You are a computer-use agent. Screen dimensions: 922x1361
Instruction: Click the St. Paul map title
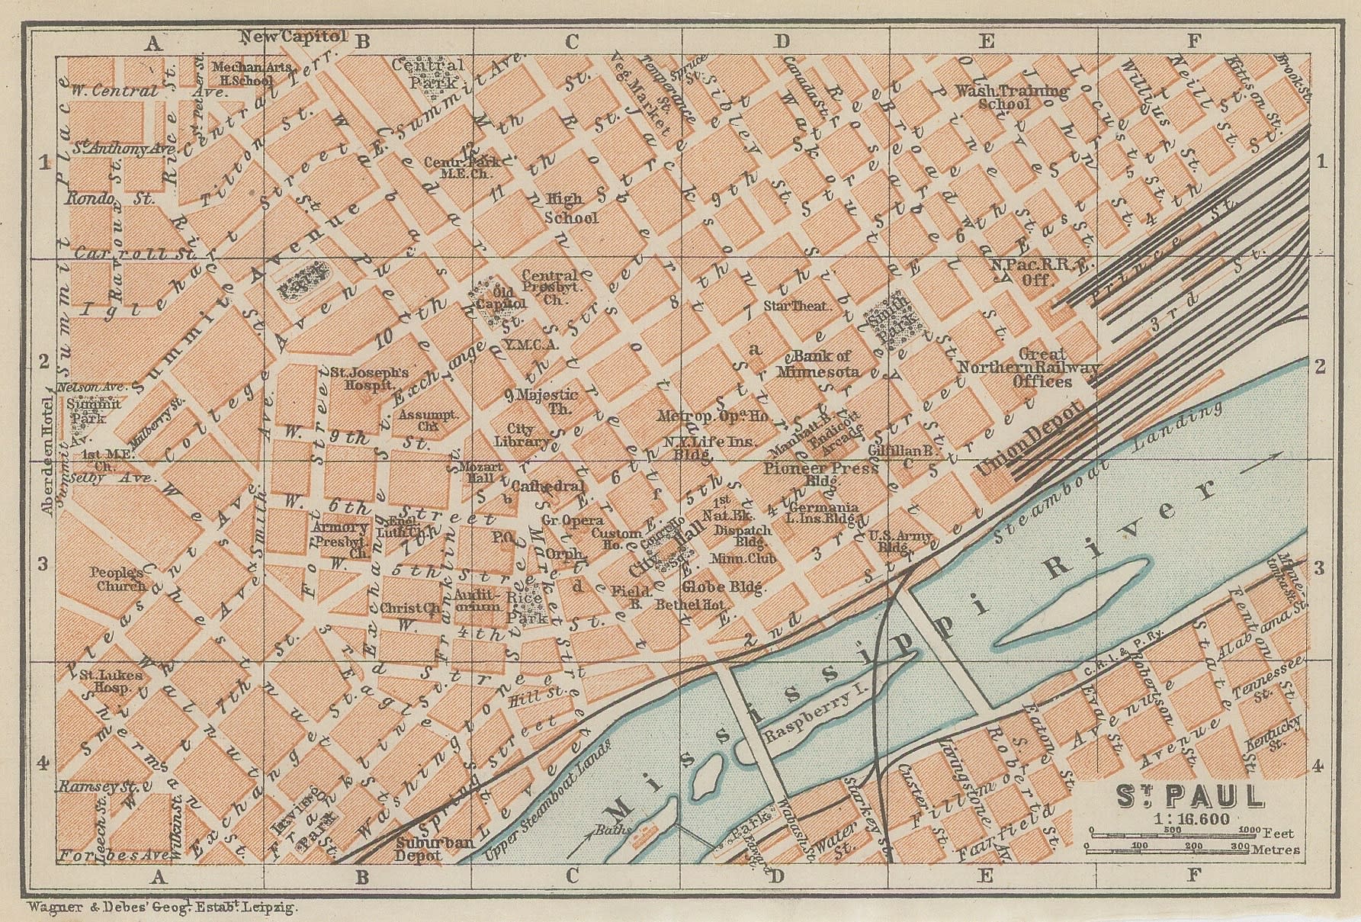[x=1190, y=797]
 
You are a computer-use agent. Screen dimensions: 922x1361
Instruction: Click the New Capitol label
[x=294, y=36]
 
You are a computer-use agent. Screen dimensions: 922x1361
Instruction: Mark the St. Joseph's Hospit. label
[x=369, y=380]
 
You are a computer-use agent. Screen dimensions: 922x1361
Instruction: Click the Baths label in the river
[x=609, y=829]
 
